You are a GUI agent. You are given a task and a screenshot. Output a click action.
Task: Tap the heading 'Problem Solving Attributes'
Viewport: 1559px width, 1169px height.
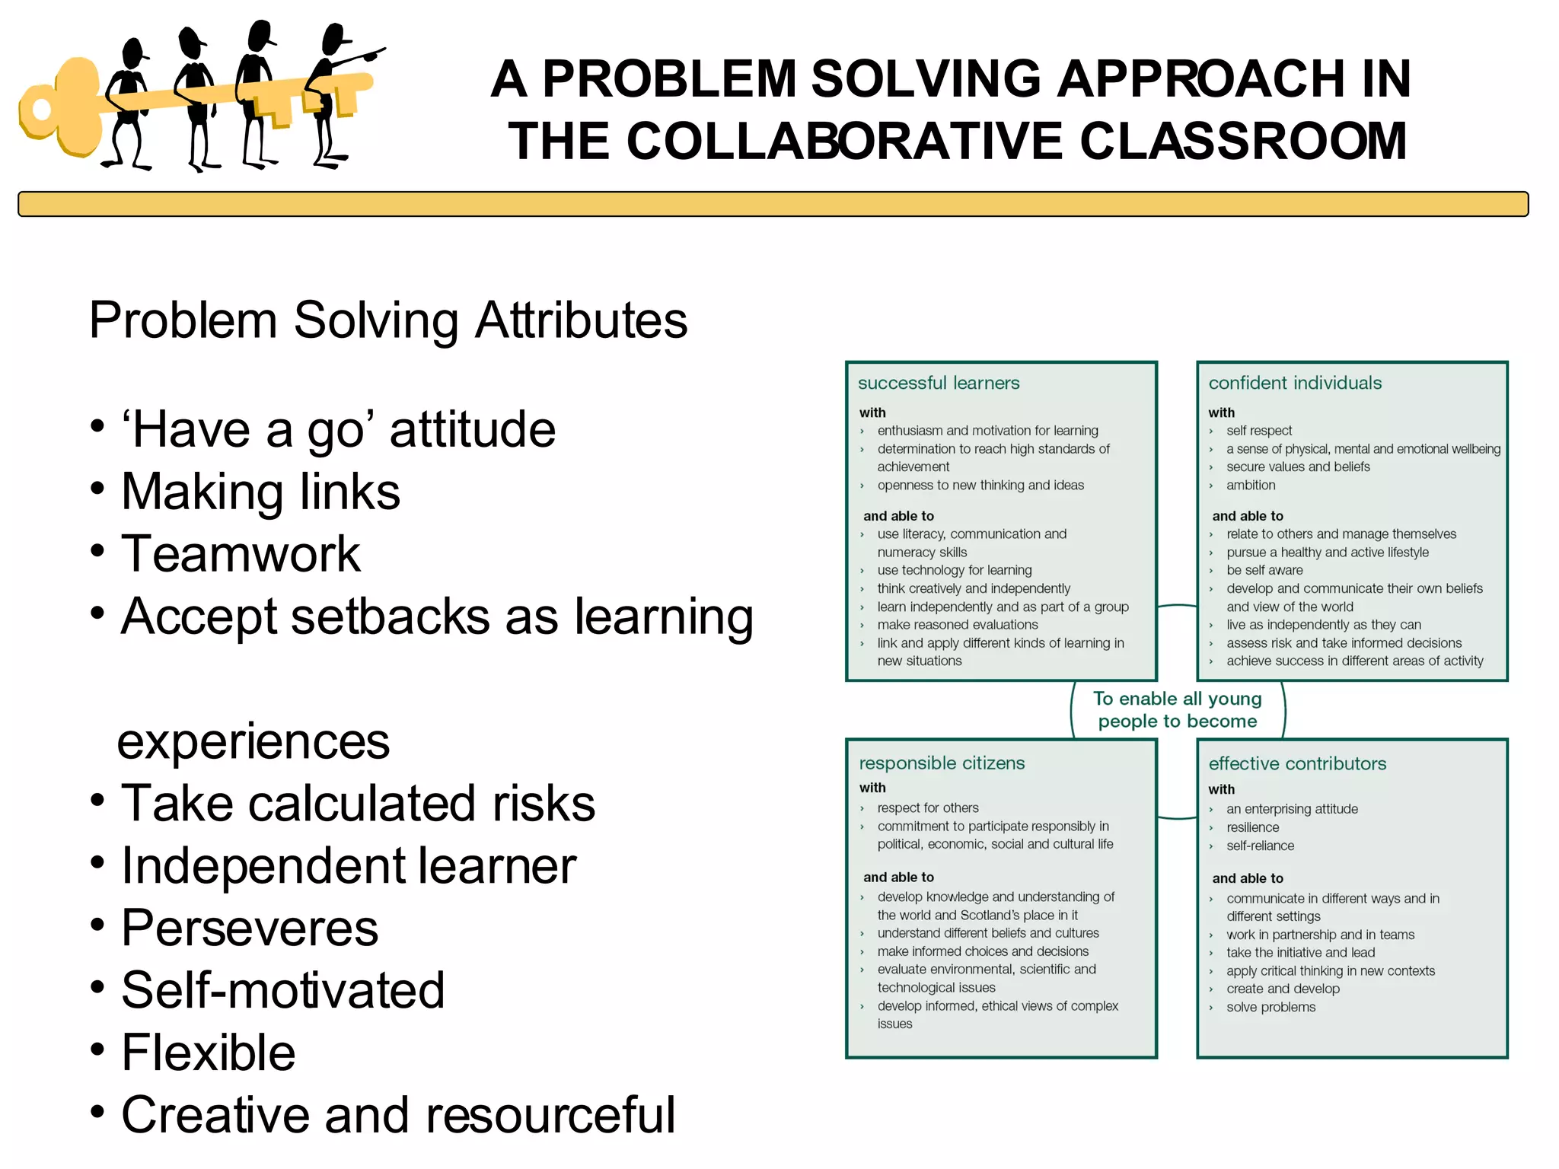[x=388, y=320]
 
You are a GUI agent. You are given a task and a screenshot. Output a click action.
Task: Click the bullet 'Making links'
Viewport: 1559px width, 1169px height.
[x=260, y=492]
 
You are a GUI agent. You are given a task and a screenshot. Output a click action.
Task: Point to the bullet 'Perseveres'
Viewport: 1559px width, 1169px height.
[x=250, y=928]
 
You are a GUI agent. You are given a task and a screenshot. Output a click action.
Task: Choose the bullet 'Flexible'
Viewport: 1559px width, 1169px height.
[x=208, y=1053]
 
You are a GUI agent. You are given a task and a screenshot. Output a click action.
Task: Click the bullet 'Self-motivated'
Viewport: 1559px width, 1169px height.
[x=282, y=990]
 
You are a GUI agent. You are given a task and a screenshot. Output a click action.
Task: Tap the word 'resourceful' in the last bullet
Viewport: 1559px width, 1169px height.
[x=550, y=1115]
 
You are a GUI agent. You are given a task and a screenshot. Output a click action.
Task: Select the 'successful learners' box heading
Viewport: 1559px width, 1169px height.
[x=939, y=383]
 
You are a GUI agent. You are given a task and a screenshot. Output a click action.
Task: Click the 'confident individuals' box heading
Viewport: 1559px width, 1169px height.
[x=1295, y=383]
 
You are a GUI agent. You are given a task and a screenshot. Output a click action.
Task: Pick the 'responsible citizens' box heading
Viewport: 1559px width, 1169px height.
[x=942, y=763]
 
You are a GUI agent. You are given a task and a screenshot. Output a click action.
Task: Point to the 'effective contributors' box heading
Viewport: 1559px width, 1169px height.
[x=1297, y=763]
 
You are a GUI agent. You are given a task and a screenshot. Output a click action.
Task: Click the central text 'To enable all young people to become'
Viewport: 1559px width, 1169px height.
[x=1178, y=709]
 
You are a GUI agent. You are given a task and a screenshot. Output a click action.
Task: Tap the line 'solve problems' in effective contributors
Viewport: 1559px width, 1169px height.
[x=1270, y=1007]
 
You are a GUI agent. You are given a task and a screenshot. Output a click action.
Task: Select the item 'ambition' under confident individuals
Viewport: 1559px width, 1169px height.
[x=1251, y=485]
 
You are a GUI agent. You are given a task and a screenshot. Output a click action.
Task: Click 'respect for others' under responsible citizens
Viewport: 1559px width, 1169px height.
[x=927, y=807]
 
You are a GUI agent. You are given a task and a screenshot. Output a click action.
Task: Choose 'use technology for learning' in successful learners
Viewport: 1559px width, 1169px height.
[x=954, y=570]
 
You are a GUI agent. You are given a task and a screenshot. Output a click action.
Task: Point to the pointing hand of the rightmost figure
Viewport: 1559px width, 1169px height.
[x=374, y=53]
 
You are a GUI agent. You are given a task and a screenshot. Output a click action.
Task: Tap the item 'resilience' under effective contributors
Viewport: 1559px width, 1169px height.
[x=1252, y=827]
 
